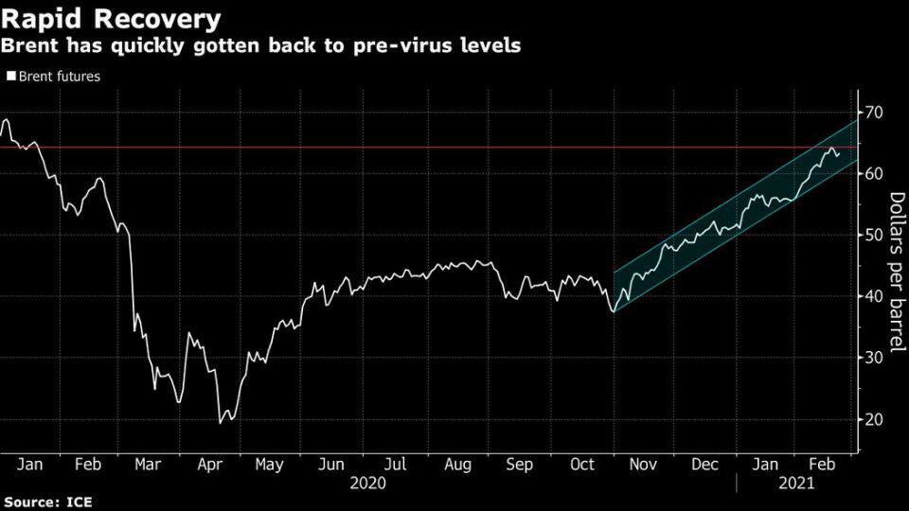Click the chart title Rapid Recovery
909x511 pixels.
point(112,18)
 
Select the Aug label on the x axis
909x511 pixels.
point(456,465)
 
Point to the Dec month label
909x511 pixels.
point(704,465)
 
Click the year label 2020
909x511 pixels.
point(367,483)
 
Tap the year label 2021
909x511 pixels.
point(798,483)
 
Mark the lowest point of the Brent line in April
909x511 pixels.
point(221,422)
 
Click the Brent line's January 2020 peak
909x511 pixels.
point(7,119)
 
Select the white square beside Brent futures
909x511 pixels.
point(10,77)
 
